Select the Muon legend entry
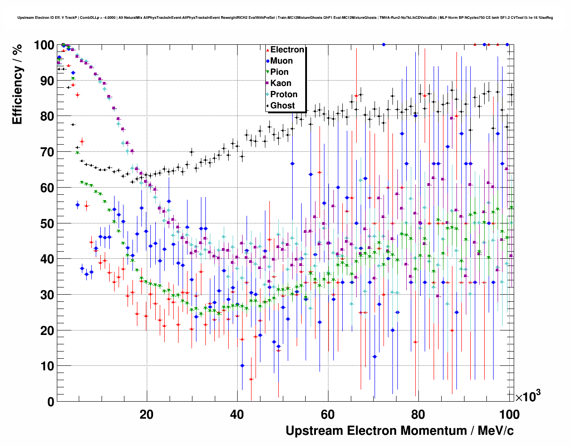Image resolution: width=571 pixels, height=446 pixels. pyautogui.click(x=281, y=61)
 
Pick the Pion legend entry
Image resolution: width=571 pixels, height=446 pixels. pyautogui.click(x=279, y=72)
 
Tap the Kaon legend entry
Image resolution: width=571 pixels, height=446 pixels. pyautogui.click(x=281, y=83)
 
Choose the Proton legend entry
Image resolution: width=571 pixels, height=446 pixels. pyautogui.click(x=284, y=94)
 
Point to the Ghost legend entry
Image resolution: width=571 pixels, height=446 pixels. pyautogui.click(x=282, y=106)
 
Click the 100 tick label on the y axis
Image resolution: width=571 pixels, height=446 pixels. pyautogui.click(x=44, y=45)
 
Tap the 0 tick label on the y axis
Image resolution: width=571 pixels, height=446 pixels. pyautogui.click(x=51, y=402)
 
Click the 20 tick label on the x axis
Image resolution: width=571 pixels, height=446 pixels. pyautogui.click(x=146, y=414)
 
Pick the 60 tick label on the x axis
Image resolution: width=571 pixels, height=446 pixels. pyautogui.click(x=328, y=414)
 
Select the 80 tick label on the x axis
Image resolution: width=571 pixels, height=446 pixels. pyautogui.click(x=418, y=414)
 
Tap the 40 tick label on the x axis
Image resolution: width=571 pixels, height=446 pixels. pyautogui.click(x=237, y=414)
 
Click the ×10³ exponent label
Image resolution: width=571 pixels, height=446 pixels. pyautogui.click(x=528, y=396)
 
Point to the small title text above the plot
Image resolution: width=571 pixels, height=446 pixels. pyautogui.click(x=285, y=18)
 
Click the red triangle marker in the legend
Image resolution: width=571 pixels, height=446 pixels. pyautogui.click(x=268, y=50)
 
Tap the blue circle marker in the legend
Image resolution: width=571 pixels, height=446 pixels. pyautogui.click(x=268, y=61)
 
